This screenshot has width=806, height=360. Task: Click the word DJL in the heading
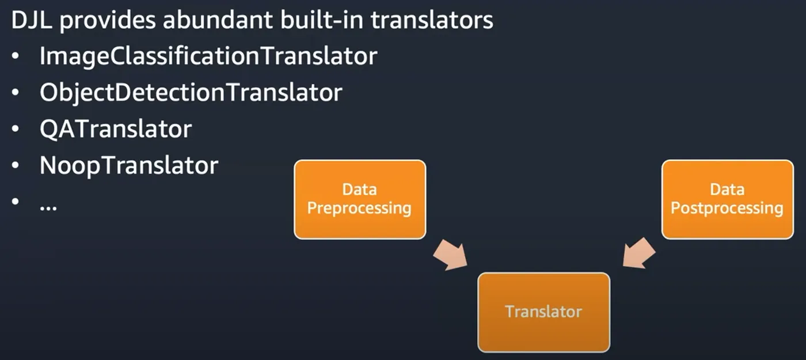pyautogui.click(x=32, y=20)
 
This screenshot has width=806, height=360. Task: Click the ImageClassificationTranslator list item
pyautogui.click(x=208, y=56)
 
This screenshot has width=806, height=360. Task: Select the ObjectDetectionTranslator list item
pyautogui.click(x=191, y=93)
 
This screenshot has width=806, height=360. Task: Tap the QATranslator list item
pyautogui.click(x=116, y=129)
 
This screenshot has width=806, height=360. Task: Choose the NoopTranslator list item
pyautogui.click(x=129, y=166)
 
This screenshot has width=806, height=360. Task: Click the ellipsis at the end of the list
pyautogui.click(x=48, y=208)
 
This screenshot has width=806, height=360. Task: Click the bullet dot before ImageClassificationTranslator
pyautogui.click(x=15, y=56)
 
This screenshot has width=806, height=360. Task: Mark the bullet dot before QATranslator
pyautogui.click(x=15, y=129)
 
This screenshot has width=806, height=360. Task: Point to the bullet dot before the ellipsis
pyautogui.click(x=15, y=201)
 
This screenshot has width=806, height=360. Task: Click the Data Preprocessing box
pyautogui.click(x=360, y=199)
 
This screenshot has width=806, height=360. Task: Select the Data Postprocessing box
pyautogui.click(x=728, y=199)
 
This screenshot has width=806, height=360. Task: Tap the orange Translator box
pyautogui.click(x=543, y=312)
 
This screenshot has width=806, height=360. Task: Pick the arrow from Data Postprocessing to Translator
pyautogui.click(x=638, y=253)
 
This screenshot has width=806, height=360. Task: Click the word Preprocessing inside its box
pyautogui.click(x=359, y=209)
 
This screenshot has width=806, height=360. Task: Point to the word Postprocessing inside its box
pyautogui.click(x=727, y=209)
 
